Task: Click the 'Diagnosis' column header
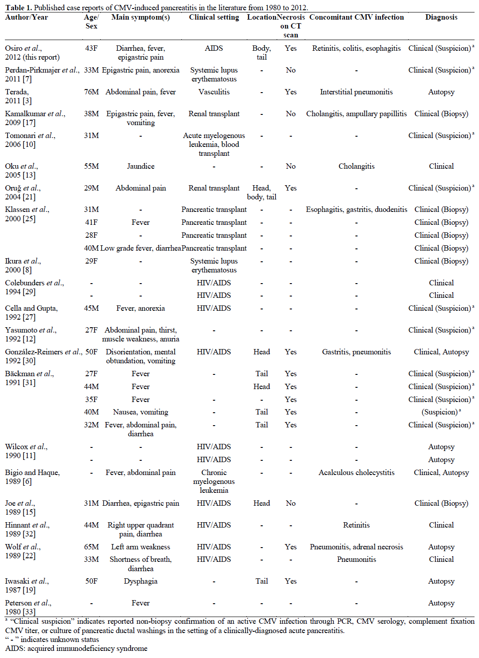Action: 441,17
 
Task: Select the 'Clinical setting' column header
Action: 214,17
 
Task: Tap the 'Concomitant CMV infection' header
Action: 356,17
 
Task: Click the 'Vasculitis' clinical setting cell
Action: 214,92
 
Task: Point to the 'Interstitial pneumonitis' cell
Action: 356,92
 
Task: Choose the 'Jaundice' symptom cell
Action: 140,167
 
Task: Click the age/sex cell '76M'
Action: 91,92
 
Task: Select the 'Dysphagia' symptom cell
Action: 140,581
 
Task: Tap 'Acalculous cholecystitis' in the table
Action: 356,473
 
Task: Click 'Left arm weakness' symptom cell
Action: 140,547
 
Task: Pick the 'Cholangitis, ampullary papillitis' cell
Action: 356,114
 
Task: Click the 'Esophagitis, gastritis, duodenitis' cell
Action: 356,210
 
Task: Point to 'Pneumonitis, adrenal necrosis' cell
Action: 356,547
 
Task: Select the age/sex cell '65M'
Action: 91,547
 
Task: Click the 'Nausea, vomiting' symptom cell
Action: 140,412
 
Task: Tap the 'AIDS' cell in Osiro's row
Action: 214,49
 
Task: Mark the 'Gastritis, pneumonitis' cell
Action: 356,352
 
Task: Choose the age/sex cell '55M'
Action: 91,167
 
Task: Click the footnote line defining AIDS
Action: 76,649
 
